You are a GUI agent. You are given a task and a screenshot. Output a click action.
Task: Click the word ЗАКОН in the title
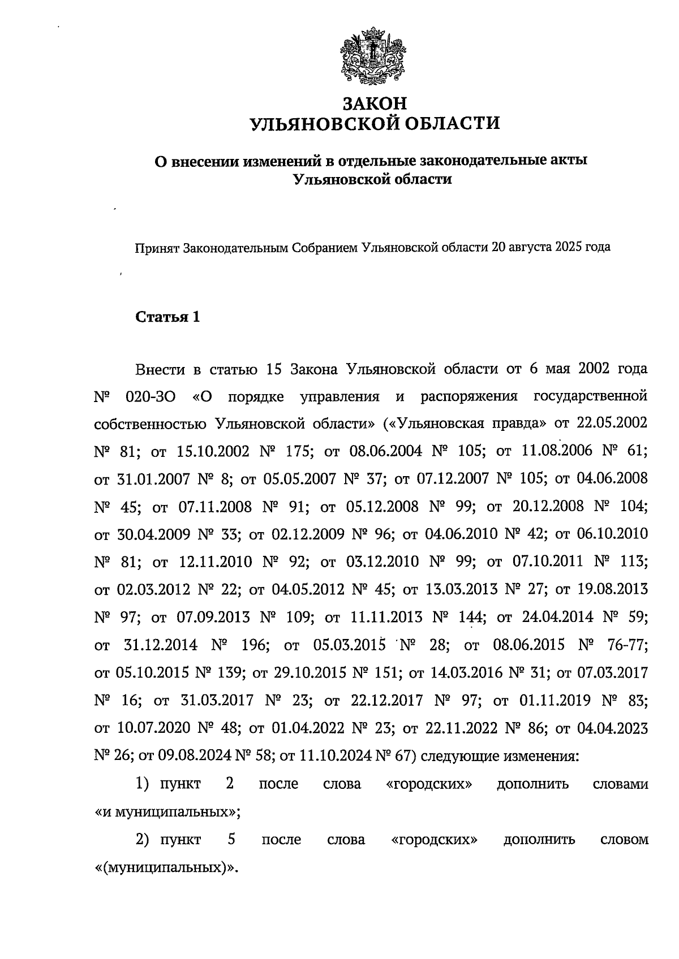(x=375, y=103)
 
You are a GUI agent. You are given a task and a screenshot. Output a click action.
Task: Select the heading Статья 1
(x=168, y=317)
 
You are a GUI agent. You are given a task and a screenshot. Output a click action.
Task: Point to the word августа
(x=530, y=247)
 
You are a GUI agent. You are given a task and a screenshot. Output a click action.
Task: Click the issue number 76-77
(x=627, y=645)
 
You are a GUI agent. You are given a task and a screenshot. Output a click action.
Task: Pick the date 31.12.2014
(x=161, y=645)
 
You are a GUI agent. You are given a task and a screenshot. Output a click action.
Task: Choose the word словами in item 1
(x=620, y=784)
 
